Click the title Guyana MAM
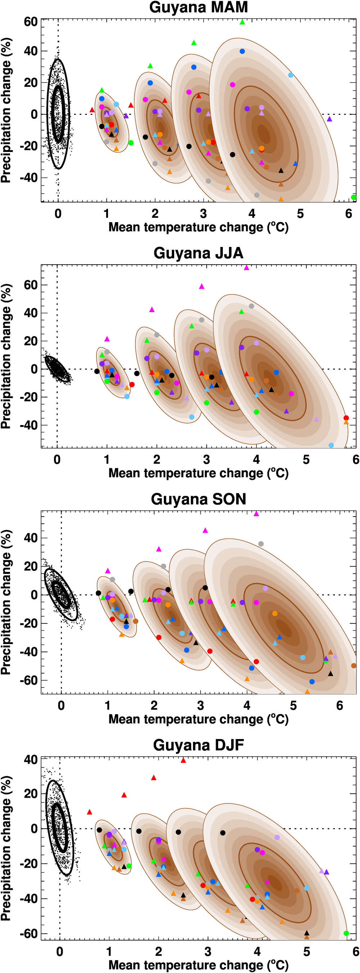[x=198, y=8]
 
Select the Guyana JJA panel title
[x=198, y=253]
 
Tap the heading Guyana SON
[x=198, y=499]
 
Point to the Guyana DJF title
[x=198, y=745]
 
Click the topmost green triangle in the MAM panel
[x=243, y=22]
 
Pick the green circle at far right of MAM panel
[x=354, y=197]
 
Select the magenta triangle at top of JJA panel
[x=246, y=268]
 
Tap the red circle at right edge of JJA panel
[x=346, y=418]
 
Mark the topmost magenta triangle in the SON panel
[x=256, y=514]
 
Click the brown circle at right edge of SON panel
[x=354, y=666]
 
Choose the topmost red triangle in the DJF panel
[x=183, y=760]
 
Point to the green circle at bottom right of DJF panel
[x=346, y=933]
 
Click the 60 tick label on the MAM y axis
[x=31, y=22]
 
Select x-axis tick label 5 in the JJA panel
[x=306, y=460]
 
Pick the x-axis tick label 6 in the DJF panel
[x=355, y=951]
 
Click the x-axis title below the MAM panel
[x=198, y=228]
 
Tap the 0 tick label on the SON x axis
[x=61, y=706]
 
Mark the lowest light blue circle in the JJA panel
[x=331, y=445]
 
